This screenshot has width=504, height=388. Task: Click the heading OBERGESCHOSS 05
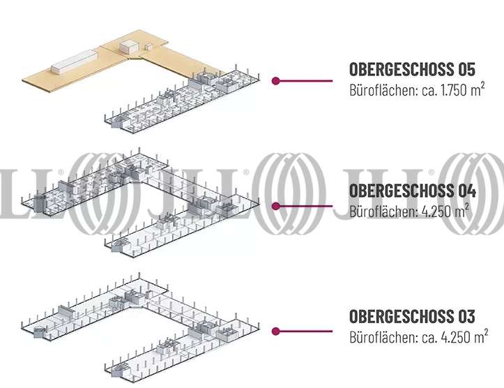click(411, 70)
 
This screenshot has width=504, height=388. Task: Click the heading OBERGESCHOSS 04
click(411, 191)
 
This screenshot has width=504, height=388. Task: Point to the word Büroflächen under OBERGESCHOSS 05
click(378, 91)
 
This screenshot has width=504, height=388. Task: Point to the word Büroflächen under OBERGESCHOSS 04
click(378, 211)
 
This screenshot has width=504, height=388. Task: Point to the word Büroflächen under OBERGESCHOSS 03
click(378, 338)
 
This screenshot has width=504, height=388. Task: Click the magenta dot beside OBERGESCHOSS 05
click(276, 81)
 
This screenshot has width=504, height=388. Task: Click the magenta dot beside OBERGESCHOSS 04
click(276, 206)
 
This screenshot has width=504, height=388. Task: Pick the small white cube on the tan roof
click(129, 47)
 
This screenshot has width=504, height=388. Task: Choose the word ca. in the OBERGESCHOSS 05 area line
click(418, 91)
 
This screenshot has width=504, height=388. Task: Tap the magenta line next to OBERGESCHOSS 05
click(307, 81)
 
